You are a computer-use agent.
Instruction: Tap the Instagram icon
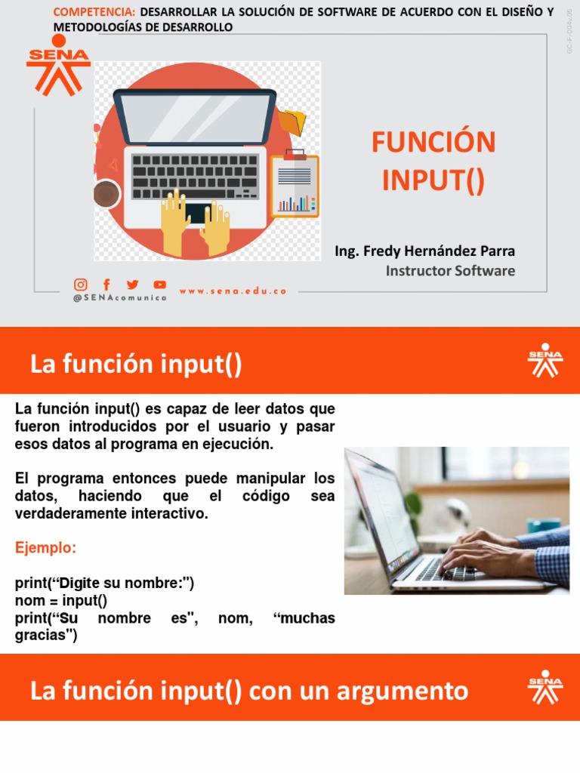click(80, 285)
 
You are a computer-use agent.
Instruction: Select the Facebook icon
click(106, 285)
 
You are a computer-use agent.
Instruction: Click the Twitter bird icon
click(133, 285)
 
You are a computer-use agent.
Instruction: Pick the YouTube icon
click(160, 285)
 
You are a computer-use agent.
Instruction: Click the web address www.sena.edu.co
click(233, 291)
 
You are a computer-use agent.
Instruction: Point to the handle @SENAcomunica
click(119, 298)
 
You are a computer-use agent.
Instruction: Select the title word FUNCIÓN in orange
click(433, 142)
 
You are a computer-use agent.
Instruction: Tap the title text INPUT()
click(433, 181)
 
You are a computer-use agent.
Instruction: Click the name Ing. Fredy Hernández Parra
click(424, 251)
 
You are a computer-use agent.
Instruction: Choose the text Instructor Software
click(450, 270)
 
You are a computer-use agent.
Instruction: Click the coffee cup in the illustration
click(106, 194)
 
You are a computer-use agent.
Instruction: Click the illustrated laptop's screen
click(196, 118)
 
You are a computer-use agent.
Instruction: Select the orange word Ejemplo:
click(45, 548)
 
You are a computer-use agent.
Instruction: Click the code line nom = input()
click(61, 601)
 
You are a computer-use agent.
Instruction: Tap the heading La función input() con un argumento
click(249, 690)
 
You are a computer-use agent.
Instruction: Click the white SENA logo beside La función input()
click(545, 360)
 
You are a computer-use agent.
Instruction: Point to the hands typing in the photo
click(483, 555)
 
